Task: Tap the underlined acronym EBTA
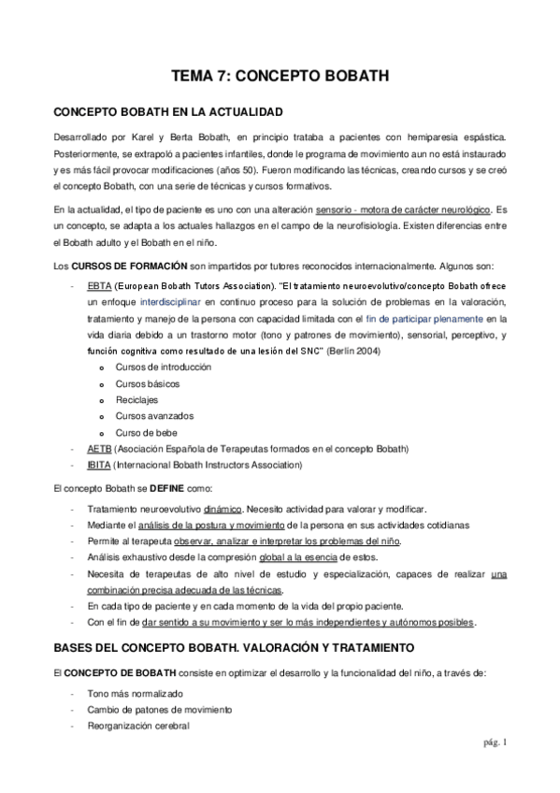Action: click(98, 283)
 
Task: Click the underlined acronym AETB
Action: click(98, 448)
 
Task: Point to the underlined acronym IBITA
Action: click(99, 464)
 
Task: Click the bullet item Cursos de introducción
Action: click(163, 367)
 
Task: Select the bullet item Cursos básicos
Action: click(148, 383)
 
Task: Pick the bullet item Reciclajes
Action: click(137, 399)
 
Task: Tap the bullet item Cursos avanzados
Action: click(153, 416)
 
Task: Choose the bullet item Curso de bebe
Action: click(146, 432)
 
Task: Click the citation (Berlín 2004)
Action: click(346, 349)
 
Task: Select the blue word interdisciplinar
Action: click(173, 300)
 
